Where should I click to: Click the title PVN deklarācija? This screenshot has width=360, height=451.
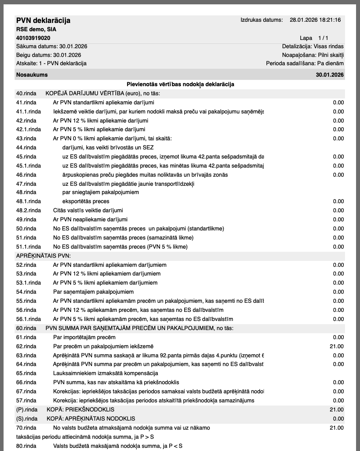click(43, 21)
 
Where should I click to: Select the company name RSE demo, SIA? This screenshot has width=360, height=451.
click(36, 30)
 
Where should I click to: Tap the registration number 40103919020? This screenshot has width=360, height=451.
click(33, 38)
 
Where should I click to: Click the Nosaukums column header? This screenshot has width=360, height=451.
click(32, 75)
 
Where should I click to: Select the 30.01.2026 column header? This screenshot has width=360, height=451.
click(330, 75)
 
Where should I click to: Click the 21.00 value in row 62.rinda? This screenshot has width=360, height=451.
click(337, 346)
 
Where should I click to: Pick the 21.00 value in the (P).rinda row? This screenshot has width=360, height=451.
click(337, 409)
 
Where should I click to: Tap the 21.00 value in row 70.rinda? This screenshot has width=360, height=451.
click(337, 428)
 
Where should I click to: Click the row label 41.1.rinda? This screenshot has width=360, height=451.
click(28, 111)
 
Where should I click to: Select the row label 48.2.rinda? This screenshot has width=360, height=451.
click(28, 210)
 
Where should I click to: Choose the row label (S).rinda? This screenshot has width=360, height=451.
click(26, 419)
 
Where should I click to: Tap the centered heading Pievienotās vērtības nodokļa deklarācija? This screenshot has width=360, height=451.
click(180, 84)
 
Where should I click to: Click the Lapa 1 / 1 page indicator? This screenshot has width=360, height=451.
click(314, 38)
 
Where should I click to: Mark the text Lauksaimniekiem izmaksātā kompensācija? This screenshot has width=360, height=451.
click(106, 373)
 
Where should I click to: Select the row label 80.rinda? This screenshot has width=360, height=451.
click(26, 446)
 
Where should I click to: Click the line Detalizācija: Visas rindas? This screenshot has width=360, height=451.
click(313, 46)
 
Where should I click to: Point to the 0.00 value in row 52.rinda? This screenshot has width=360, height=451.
click(338, 265)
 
